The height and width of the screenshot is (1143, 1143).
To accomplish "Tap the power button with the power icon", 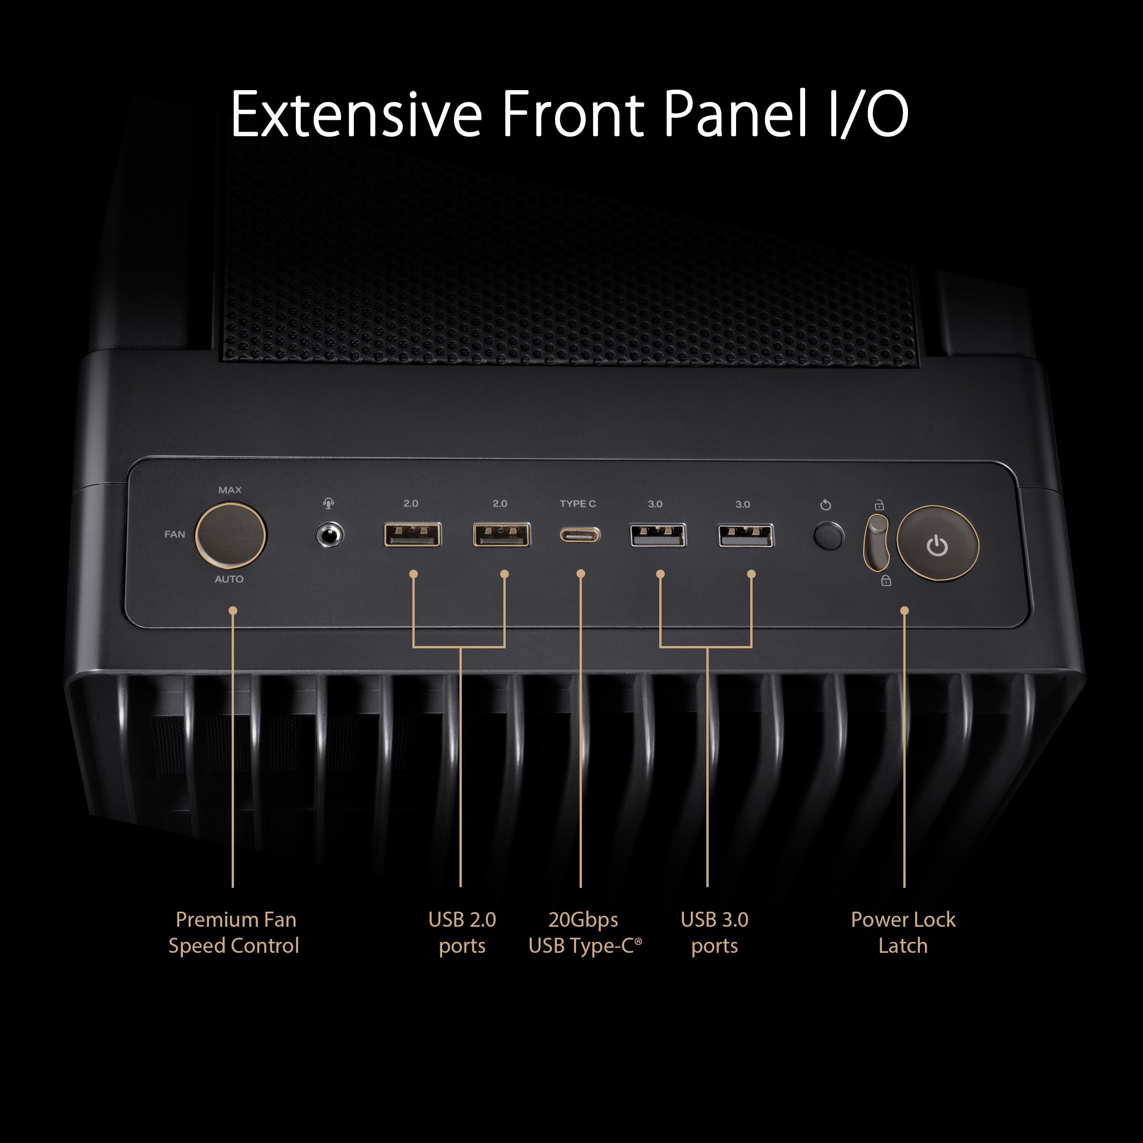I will [938, 543].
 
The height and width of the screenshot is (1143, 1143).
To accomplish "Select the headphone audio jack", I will [330, 535].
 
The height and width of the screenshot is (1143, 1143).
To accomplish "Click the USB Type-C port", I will [580, 535].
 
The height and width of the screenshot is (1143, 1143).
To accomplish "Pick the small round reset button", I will [828, 536].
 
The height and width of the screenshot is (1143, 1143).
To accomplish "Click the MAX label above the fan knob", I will [230, 490].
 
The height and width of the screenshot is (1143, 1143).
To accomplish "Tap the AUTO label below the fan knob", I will [229, 579].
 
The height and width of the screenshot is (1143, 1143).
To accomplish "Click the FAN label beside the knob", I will [175, 534].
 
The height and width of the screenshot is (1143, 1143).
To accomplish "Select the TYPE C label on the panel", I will [577, 503].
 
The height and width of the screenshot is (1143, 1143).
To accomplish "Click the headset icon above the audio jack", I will [329, 503].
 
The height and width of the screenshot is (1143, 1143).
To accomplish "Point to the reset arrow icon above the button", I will [826, 505].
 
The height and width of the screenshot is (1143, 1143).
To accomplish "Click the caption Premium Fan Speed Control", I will [234, 932].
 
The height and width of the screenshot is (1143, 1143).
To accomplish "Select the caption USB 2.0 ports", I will [462, 932].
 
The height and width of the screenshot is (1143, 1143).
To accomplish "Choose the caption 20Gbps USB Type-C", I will [584, 932].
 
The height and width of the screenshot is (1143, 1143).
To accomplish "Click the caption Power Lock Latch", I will [903, 932].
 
